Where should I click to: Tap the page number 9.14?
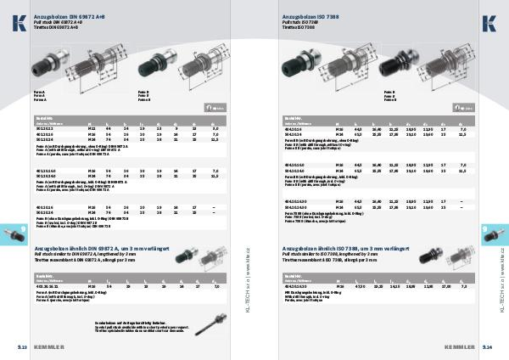(486, 347)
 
